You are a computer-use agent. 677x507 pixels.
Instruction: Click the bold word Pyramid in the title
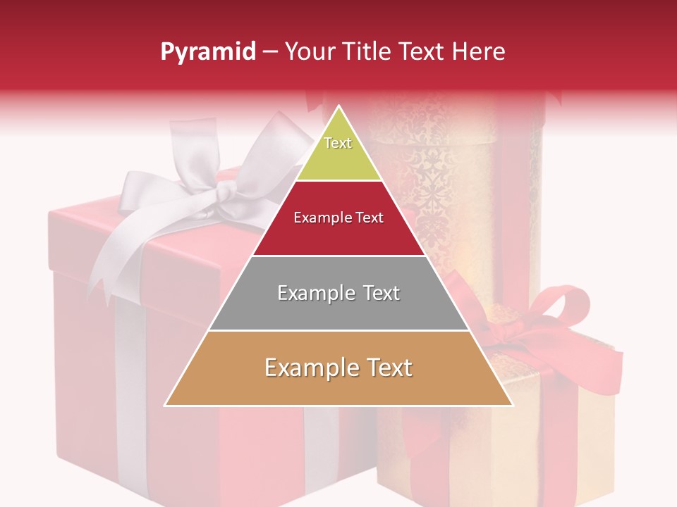tap(208, 51)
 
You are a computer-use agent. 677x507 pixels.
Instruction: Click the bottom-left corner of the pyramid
tap(166, 405)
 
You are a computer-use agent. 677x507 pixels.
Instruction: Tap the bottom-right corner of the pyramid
tap(512, 405)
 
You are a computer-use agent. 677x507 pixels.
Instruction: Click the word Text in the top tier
tap(338, 143)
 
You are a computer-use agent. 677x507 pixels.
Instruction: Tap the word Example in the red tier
tap(318, 218)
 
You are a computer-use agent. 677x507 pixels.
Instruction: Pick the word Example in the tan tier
tap(307, 368)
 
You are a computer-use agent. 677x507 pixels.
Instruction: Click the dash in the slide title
tap(270, 51)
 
